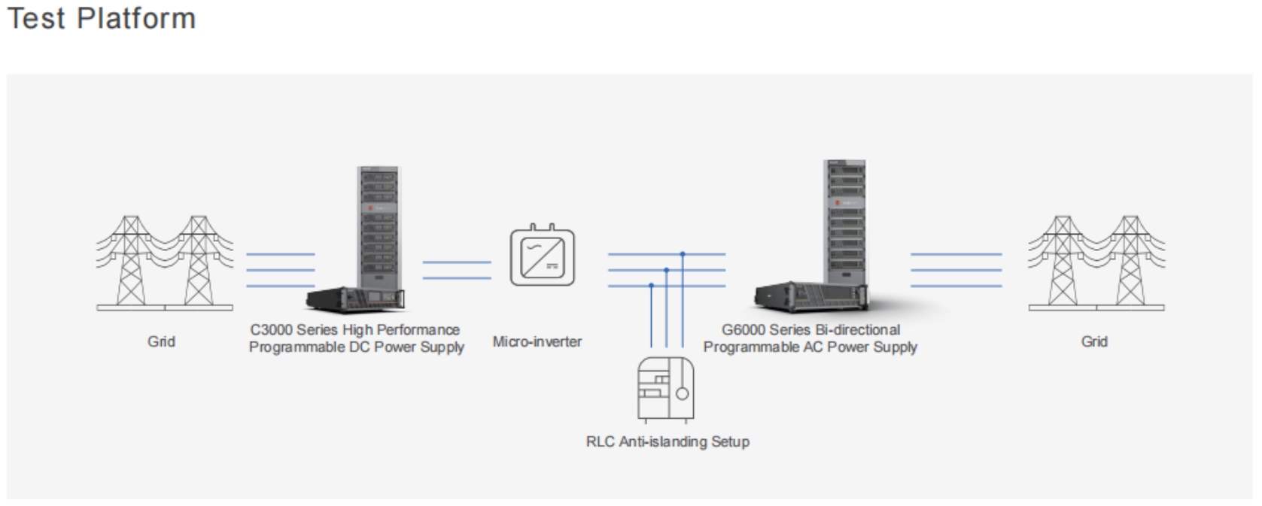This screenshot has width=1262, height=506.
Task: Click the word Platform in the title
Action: point(136,18)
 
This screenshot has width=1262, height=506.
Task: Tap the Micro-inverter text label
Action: point(537,341)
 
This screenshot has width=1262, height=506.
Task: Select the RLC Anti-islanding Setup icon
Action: point(665,389)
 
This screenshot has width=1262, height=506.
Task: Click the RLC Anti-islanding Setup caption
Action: point(667,442)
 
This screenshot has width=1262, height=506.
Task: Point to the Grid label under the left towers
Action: point(161,341)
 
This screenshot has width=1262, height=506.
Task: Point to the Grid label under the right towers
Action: point(1094,341)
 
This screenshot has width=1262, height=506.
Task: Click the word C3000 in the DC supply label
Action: point(271,330)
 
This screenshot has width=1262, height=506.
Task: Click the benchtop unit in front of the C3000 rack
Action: point(356,298)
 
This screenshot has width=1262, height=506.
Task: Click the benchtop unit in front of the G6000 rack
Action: point(811,297)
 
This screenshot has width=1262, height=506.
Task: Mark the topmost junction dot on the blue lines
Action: point(683,254)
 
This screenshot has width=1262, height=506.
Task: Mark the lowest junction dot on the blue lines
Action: point(651,286)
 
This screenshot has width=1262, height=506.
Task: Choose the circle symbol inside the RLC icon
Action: point(682,393)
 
